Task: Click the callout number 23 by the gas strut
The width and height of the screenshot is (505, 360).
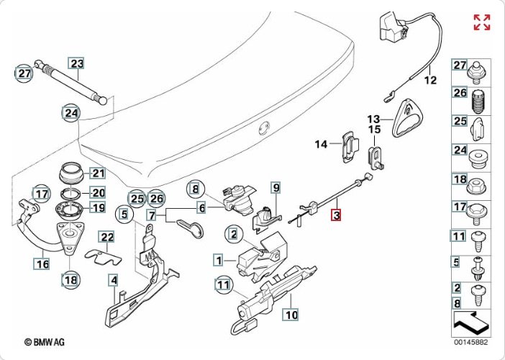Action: (x=77, y=64)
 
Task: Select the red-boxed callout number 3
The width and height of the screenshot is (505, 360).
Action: (x=337, y=214)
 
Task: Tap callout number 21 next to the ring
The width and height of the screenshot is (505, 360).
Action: (x=98, y=173)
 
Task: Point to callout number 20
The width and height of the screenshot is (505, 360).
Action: (x=98, y=192)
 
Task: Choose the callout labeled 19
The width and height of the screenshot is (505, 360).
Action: (x=98, y=207)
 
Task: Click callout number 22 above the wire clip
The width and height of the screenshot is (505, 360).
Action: (x=106, y=237)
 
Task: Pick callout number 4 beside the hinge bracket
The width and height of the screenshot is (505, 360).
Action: (x=112, y=280)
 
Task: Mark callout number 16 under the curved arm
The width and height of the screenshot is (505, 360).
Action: (x=42, y=264)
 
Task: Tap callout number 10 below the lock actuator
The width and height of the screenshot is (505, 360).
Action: (x=290, y=314)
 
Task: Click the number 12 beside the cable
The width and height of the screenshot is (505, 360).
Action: (x=429, y=80)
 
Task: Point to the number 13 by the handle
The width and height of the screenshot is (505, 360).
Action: (x=373, y=118)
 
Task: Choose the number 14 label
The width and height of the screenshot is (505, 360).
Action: (x=320, y=144)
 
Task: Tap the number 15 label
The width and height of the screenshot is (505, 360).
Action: (x=374, y=130)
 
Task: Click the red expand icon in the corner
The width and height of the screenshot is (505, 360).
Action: (x=481, y=22)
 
